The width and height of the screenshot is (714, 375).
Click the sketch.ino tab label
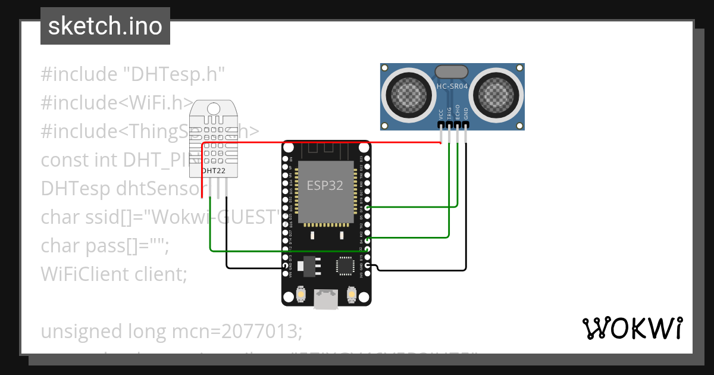tap(105, 27)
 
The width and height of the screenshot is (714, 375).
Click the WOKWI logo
tap(632, 328)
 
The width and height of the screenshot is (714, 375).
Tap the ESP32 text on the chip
tap(325, 185)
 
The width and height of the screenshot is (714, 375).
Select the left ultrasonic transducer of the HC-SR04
tap(409, 94)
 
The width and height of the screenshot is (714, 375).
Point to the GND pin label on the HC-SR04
tap(466, 113)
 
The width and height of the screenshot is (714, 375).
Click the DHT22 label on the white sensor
tap(212, 170)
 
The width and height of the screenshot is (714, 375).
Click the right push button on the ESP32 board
tap(351, 294)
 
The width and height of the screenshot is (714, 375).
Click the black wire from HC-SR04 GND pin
tap(466, 208)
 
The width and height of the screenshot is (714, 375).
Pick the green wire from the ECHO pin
tap(457, 179)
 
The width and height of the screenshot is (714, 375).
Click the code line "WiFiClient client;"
tap(114, 274)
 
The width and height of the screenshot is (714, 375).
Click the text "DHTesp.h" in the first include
tap(173, 74)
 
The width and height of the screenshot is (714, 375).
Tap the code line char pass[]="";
tap(105, 245)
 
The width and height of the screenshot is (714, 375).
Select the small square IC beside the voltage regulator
tap(345, 265)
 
